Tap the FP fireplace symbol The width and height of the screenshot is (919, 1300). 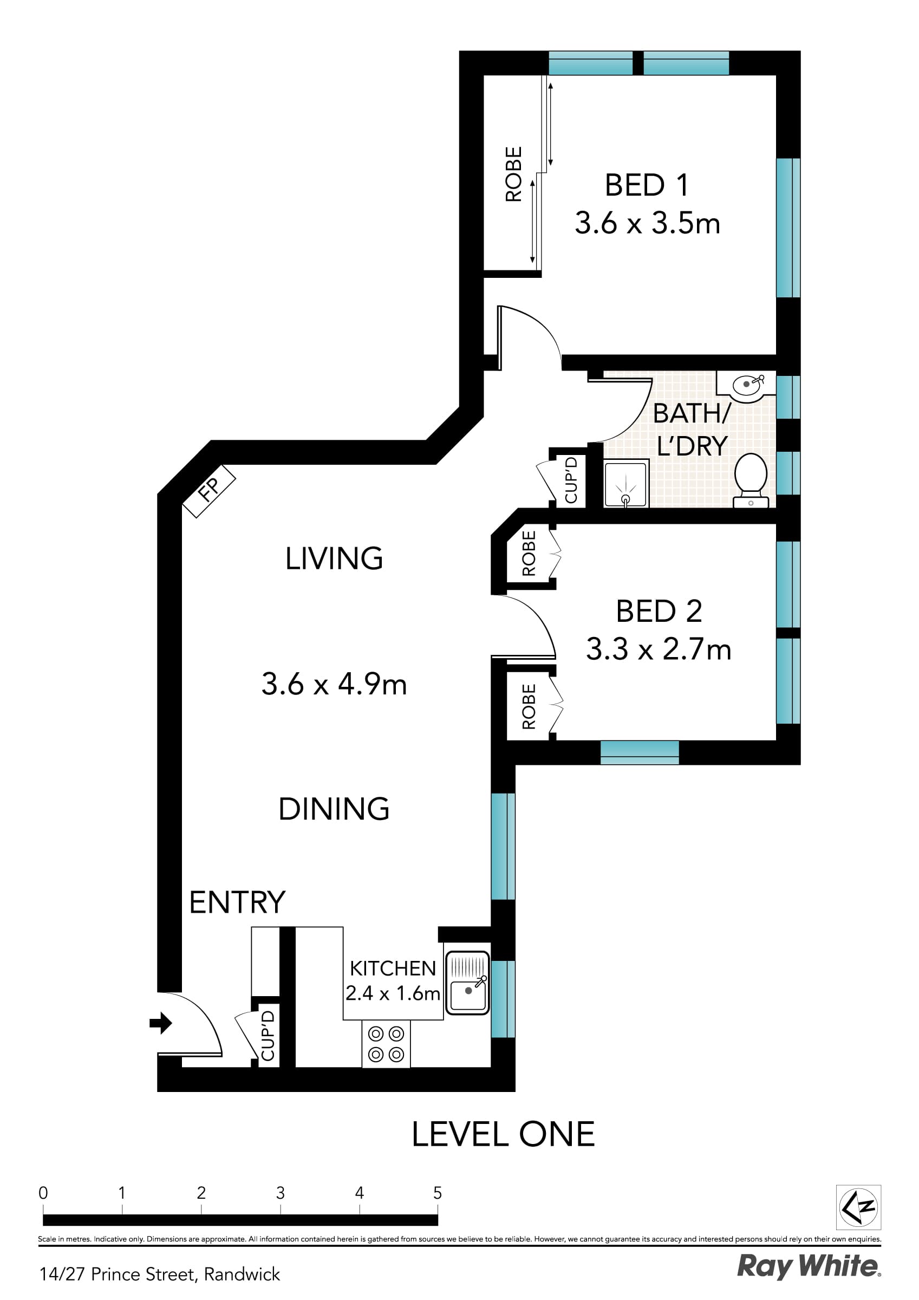click(x=208, y=490)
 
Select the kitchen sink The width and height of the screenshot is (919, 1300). click(x=467, y=983)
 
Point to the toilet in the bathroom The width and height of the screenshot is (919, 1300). click(x=751, y=478)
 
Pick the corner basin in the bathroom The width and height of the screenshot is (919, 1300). click(x=746, y=386)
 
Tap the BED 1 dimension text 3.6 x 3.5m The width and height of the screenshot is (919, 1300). click(x=647, y=223)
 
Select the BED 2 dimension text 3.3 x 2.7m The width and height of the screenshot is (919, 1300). click(x=658, y=649)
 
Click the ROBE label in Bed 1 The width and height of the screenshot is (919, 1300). click(x=513, y=174)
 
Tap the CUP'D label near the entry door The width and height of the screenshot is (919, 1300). click(x=268, y=1036)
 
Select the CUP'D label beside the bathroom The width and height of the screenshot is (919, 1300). click(x=571, y=480)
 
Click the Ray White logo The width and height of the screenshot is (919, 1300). click(x=809, y=1266)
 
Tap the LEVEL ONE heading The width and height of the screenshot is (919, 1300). click(x=503, y=1134)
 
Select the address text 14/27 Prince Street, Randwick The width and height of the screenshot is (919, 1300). click(x=160, y=1274)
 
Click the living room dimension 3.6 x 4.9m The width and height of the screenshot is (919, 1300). click(x=334, y=685)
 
